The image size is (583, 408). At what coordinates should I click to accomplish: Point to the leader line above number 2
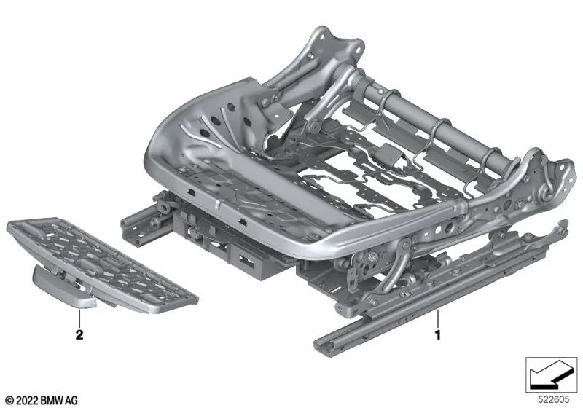click(x=79, y=321)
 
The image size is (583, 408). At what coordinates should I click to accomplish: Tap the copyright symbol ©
click(x=8, y=401)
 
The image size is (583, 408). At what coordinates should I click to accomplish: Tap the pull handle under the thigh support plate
click(x=62, y=288)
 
